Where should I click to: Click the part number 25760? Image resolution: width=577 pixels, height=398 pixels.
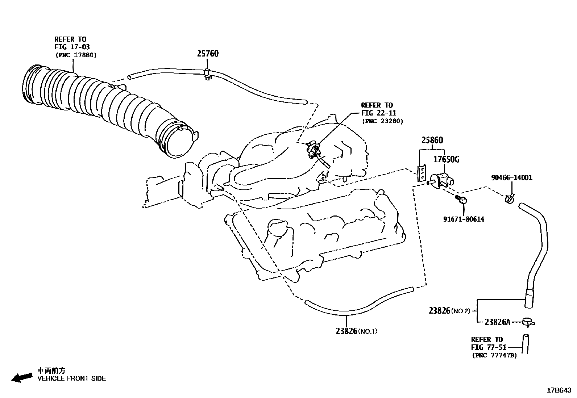(x=208, y=54)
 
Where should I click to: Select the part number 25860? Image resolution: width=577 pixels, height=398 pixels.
(x=432, y=140)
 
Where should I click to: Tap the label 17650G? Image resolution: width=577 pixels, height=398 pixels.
(x=446, y=159)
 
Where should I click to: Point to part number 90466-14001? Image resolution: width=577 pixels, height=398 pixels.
(x=511, y=177)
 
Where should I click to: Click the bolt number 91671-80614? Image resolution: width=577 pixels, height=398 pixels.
(x=464, y=219)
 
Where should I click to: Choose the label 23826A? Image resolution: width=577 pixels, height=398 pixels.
(x=497, y=322)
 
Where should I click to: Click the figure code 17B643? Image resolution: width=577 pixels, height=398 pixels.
(x=559, y=390)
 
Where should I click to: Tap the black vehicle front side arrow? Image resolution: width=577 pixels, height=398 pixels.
(x=22, y=378)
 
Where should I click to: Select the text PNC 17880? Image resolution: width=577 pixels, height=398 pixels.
(x=76, y=55)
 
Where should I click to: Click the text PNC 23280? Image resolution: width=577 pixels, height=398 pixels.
(x=382, y=121)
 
